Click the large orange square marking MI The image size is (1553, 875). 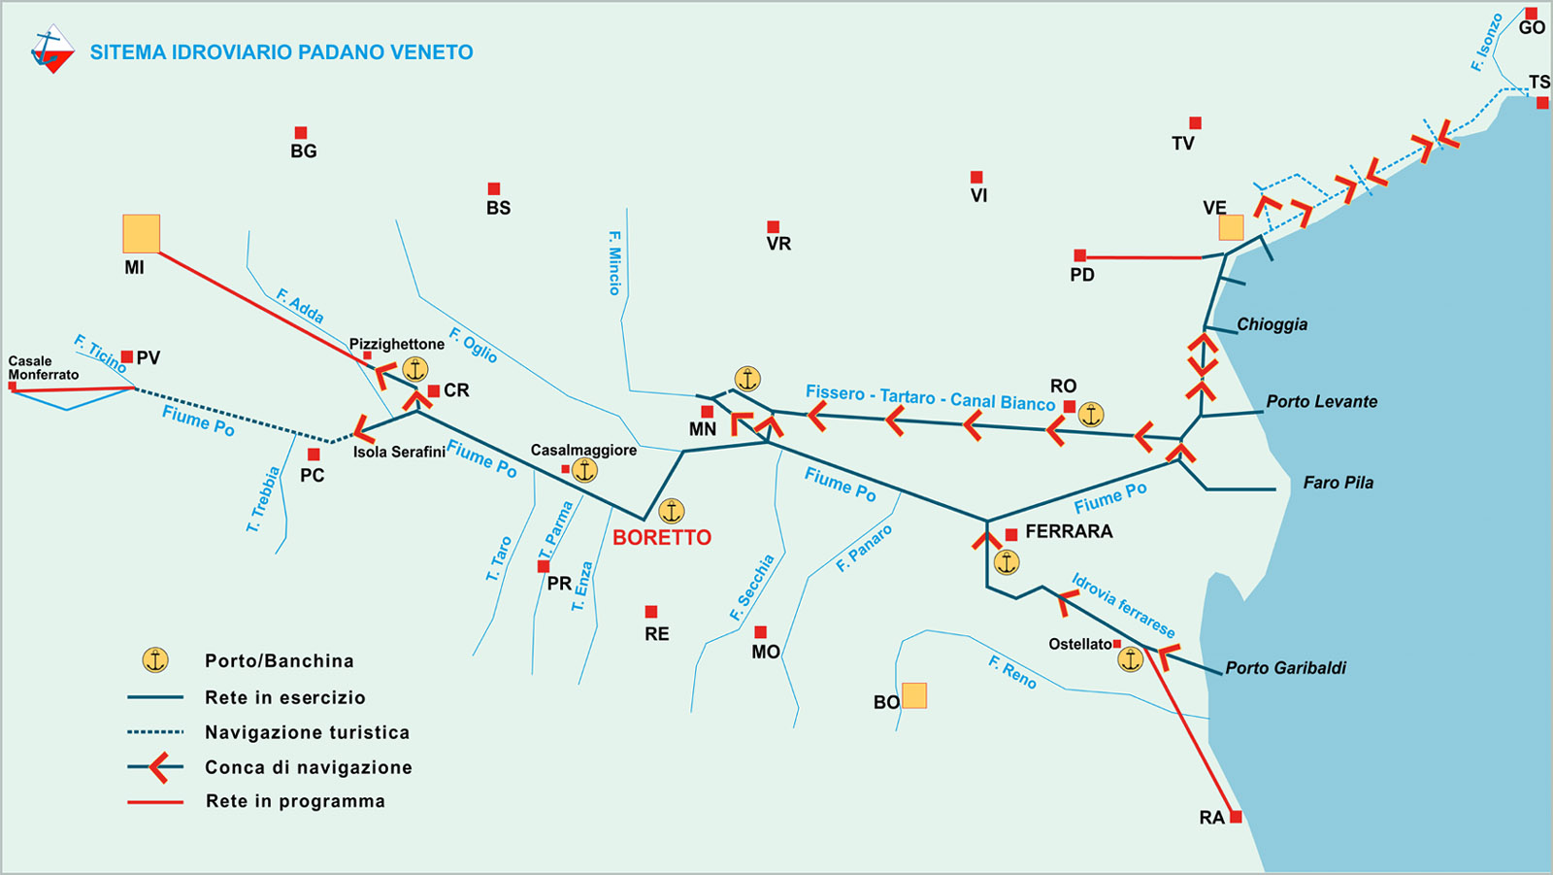coord(141,234)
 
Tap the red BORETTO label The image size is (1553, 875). coord(662,537)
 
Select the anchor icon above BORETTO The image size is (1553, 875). coord(672,511)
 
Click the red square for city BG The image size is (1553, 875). coord(301,133)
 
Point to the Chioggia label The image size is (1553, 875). coord(1272,324)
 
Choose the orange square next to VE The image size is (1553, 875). coord(1231,228)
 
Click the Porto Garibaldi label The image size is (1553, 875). coord(1285,668)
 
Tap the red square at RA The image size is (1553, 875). coord(1236,817)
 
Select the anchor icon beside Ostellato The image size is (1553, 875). coord(1130,660)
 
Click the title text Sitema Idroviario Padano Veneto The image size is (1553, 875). coord(281,52)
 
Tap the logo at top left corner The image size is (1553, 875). coord(52,50)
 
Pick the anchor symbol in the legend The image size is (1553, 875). coord(155,660)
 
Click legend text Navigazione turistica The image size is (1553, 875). coord(307,732)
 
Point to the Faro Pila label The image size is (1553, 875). coord(1338,483)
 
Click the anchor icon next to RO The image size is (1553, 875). coord(1091,415)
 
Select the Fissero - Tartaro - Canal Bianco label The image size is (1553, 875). coord(930,398)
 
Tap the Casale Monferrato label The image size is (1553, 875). coord(43,367)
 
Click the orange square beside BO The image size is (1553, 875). coord(914,695)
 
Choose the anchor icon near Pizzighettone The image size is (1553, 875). coord(414,369)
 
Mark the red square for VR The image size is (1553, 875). coord(773,227)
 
